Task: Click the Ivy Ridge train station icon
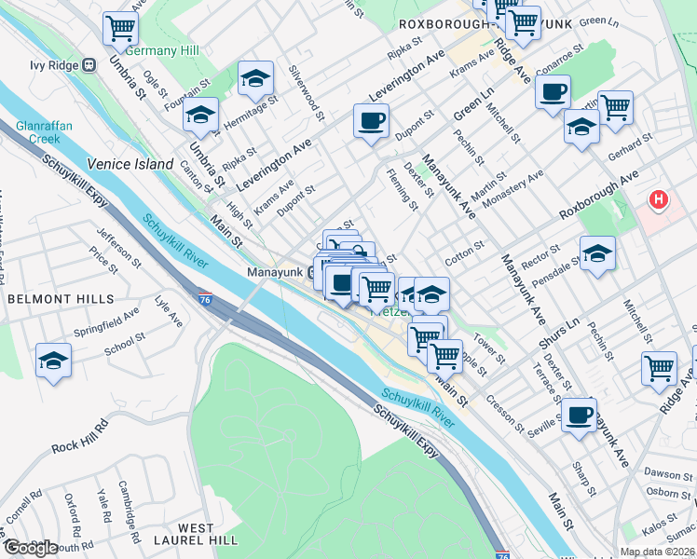pyautogui.click(x=90, y=65)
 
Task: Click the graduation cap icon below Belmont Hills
pyautogui.click(x=54, y=361)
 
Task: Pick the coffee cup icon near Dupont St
pyautogui.click(x=371, y=121)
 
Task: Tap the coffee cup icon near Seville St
pyautogui.click(x=580, y=415)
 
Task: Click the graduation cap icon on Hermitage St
pyautogui.click(x=255, y=79)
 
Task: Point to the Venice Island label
pyautogui.click(x=130, y=164)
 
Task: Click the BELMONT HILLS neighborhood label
pyautogui.click(x=61, y=299)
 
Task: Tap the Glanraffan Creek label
pyautogui.click(x=37, y=131)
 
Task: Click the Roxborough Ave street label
pyautogui.click(x=599, y=195)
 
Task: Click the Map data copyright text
pyautogui.click(x=658, y=552)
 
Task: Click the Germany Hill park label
pyautogui.click(x=157, y=49)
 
